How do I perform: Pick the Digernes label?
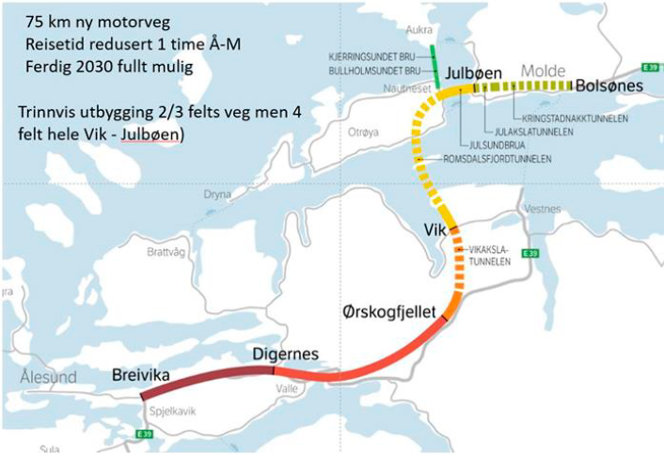pos(286,353)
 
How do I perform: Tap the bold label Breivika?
pos(141,376)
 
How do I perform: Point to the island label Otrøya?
pos(361,131)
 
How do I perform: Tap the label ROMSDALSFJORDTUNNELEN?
pos(497,159)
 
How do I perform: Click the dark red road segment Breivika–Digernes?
pos(207,374)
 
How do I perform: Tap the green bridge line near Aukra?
pos(435,66)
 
